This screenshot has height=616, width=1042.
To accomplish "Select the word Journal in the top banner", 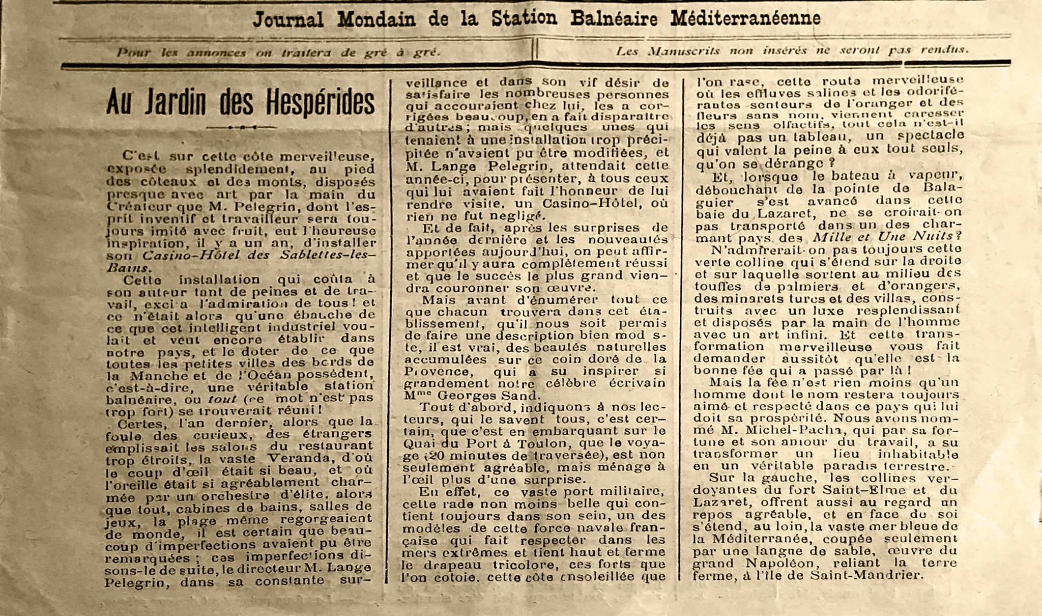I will [288, 20].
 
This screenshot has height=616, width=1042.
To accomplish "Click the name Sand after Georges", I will [518, 395].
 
